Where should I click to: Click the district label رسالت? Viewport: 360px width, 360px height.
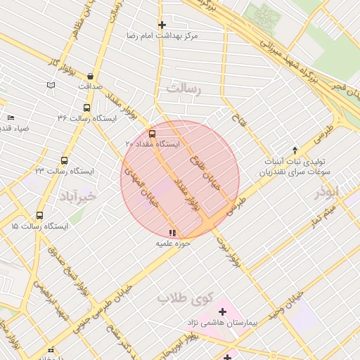click(x=184, y=89)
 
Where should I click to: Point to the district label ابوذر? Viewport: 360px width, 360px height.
click(x=327, y=191)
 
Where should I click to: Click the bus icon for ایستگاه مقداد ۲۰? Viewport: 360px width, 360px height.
click(x=153, y=134)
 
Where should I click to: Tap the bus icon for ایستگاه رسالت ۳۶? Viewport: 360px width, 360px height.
click(x=86, y=108)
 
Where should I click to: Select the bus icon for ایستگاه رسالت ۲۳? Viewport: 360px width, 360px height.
click(x=65, y=161)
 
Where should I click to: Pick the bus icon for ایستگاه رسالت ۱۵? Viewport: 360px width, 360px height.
click(x=39, y=216)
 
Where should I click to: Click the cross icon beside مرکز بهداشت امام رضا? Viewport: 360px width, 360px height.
click(x=162, y=25)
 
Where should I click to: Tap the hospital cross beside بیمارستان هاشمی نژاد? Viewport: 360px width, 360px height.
click(x=223, y=311)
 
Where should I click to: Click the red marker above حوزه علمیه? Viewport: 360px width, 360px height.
click(x=173, y=233)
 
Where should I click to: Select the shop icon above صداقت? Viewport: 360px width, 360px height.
click(x=91, y=75)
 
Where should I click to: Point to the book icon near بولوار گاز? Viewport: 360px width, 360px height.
click(x=50, y=85)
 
